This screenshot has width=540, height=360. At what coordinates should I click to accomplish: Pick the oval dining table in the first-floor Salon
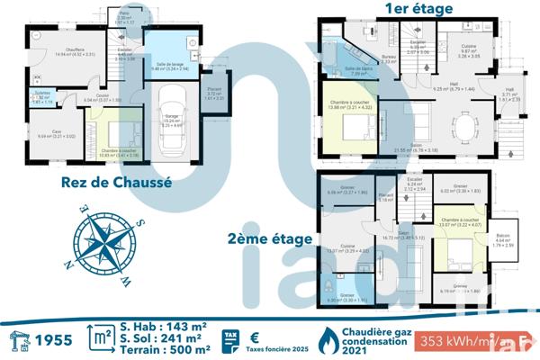pos(463,124)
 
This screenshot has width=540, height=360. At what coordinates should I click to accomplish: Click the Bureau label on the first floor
pos(389,58)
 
